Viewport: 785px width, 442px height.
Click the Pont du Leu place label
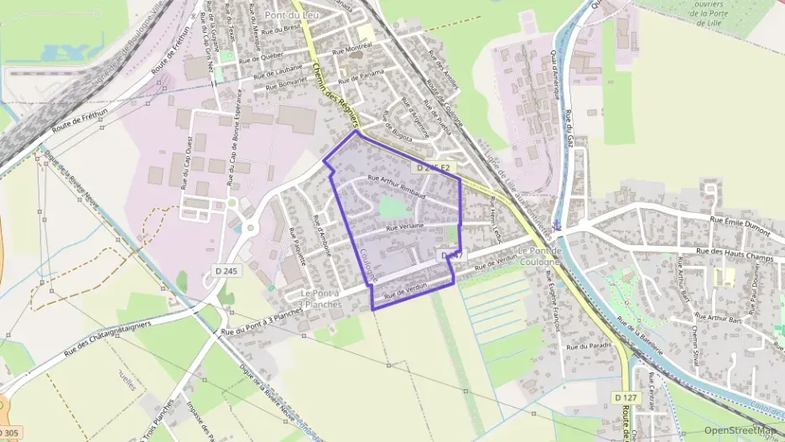(x=289, y=15)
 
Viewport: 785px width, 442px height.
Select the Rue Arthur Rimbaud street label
(x=397, y=185)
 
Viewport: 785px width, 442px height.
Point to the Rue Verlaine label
(x=405, y=226)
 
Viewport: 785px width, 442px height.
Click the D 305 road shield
(x=9, y=433)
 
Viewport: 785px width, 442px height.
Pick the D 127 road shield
(x=626, y=396)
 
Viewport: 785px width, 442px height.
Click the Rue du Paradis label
(x=587, y=346)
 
